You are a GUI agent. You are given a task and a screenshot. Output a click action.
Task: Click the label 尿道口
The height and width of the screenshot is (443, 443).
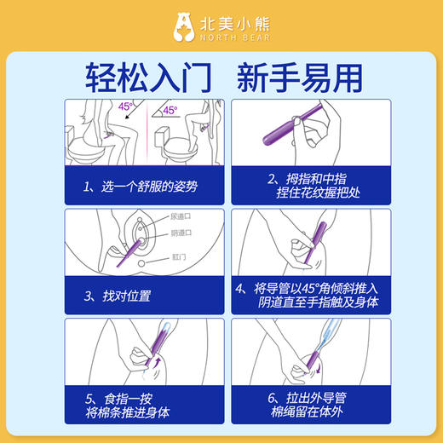click(181, 218)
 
